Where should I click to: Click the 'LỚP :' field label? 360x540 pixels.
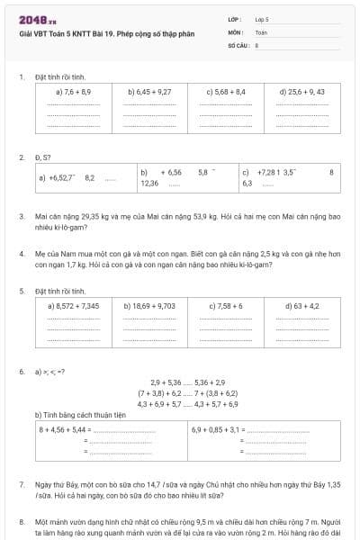tap(235, 18)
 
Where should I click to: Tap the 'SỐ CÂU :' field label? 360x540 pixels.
tap(238, 44)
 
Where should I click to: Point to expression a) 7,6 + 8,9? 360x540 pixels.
tap(73, 92)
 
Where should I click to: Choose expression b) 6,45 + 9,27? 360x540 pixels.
tap(149, 92)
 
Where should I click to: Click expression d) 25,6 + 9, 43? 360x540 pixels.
tap(302, 92)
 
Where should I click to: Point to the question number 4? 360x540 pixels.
tap(21, 255)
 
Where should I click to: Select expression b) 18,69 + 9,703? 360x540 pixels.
tap(149, 306)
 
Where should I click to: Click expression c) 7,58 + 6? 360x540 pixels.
tap(226, 306)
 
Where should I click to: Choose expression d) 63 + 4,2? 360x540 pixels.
tap(302, 306)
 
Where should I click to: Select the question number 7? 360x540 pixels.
tap(21, 484)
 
